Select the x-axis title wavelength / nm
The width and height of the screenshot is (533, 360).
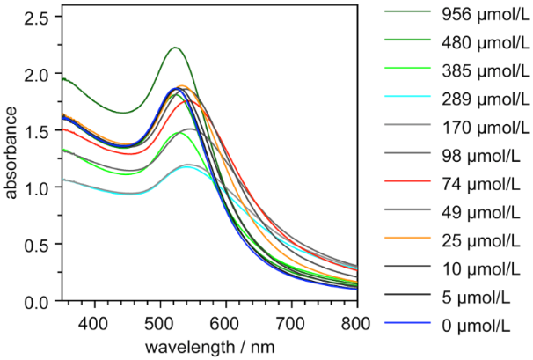210,345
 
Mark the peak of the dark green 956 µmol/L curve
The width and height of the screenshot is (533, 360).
175,48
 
